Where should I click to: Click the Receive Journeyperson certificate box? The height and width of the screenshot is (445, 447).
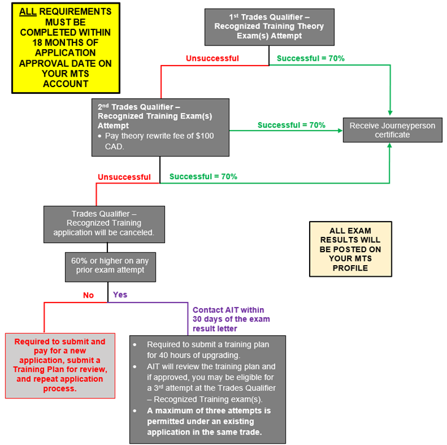[x=392, y=130]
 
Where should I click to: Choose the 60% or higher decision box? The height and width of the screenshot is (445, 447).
[x=108, y=266]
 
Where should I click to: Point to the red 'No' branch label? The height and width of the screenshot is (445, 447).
[x=88, y=295]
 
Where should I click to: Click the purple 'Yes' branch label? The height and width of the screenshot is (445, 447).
[x=120, y=295]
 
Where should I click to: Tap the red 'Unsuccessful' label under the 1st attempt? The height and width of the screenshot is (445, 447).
[x=212, y=58]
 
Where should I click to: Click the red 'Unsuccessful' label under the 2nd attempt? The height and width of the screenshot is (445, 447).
[x=124, y=177]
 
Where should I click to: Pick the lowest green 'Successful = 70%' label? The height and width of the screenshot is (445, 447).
[x=204, y=176]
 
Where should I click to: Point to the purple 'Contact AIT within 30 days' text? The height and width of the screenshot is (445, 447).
[x=231, y=319]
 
